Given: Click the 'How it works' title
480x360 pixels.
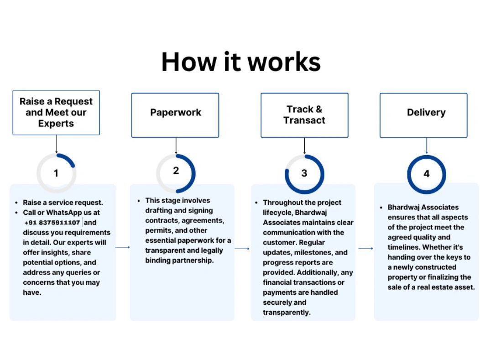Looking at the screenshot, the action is pyautogui.click(x=241, y=62).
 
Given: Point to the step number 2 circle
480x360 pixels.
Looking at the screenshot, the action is pyautogui.click(x=193, y=174).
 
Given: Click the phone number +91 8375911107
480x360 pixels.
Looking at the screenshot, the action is pyautogui.click(x=52, y=223).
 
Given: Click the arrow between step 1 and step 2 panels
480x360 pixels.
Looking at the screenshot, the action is pyautogui.click(x=122, y=247).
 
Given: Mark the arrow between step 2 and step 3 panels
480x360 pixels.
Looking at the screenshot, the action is pyautogui.click(x=242, y=249).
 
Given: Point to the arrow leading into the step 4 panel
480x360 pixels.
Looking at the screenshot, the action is pyautogui.click(x=365, y=248).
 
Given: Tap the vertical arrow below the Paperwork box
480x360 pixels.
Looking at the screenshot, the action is pyautogui.click(x=176, y=146).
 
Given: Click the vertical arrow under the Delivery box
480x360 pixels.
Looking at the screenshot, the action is pyautogui.click(x=427, y=146).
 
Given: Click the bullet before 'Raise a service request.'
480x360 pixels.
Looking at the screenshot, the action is pyautogui.click(x=16, y=203).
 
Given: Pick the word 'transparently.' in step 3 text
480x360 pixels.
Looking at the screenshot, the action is pyautogui.click(x=287, y=313).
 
